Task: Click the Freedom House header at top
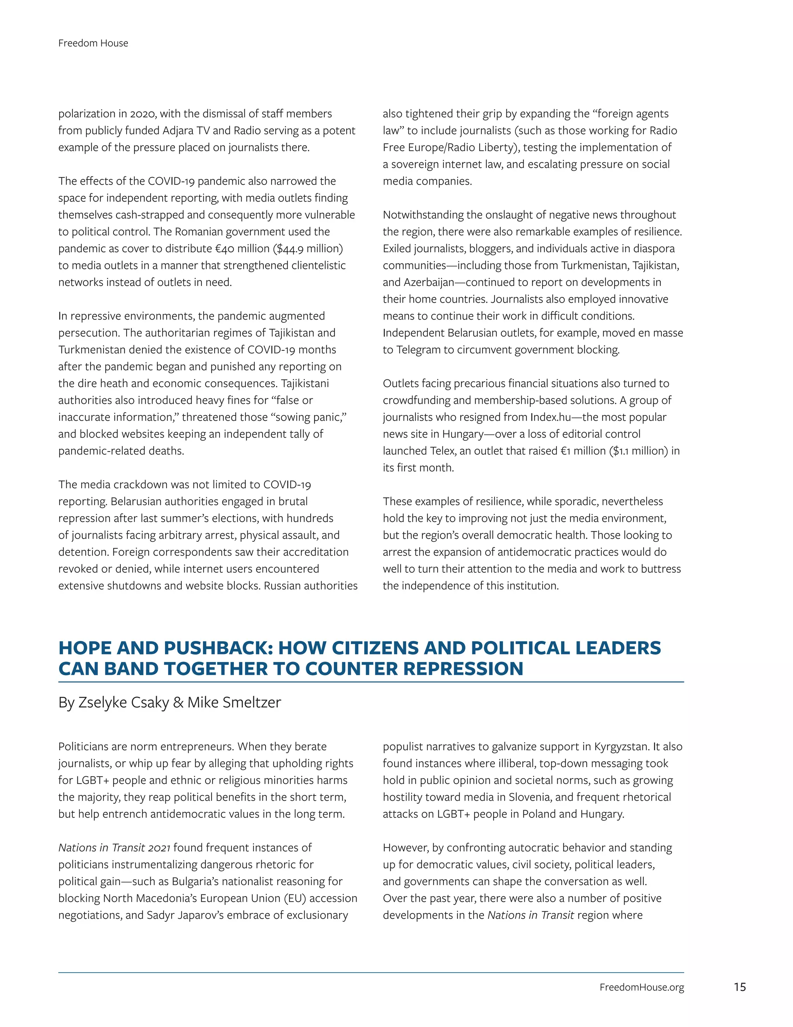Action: click(93, 43)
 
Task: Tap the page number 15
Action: click(740, 987)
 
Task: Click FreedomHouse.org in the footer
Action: click(641, 987)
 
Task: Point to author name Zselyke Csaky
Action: click(124, 702)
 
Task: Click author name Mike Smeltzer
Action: click(234, 702)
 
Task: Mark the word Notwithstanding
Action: click(423, 215)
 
